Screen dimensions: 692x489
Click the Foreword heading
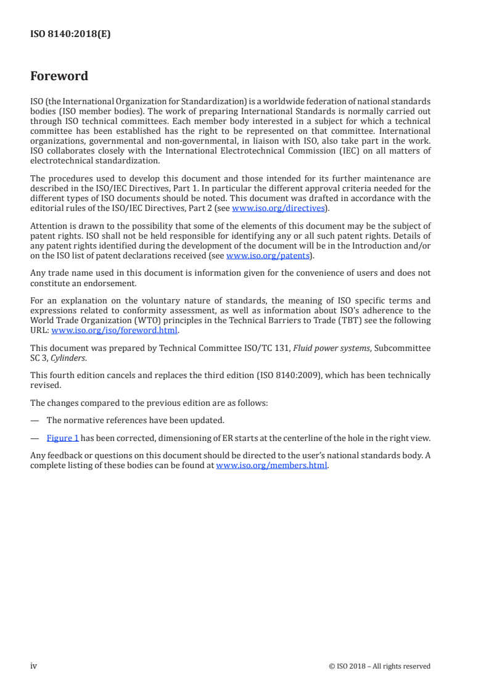pyautogui.click(x=59, y=76)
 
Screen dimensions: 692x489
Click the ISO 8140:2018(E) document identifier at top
pyautogui.click(x=70, y=35)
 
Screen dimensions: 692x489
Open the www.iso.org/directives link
pyautogui.click(x=278, y=208)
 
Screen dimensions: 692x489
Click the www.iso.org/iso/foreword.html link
pyautogui.click(x=115, y=330)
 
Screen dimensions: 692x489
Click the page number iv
pyautogui.click(x=34, y=665)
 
